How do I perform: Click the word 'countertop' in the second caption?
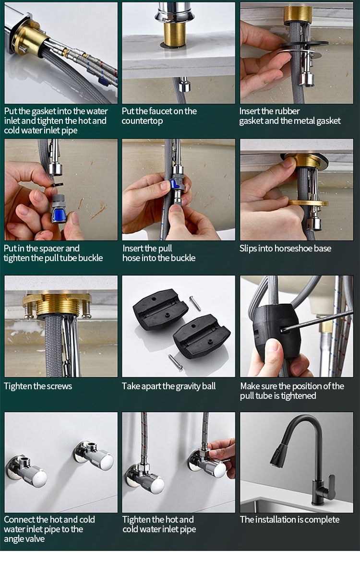coord(143,121)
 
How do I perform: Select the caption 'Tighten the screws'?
coord(38,386)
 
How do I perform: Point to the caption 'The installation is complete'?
coord(289,520)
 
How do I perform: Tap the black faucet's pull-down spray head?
coord(279,456)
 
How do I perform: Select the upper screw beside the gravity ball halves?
coord(195,303)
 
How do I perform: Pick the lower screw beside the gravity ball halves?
coord(175,362)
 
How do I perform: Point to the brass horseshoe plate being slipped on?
coord(309,203)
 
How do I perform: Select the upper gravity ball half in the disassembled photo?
coord(160,309)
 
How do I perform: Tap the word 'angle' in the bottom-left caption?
coord(16,539)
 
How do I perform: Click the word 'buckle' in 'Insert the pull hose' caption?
coord(181,258)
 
